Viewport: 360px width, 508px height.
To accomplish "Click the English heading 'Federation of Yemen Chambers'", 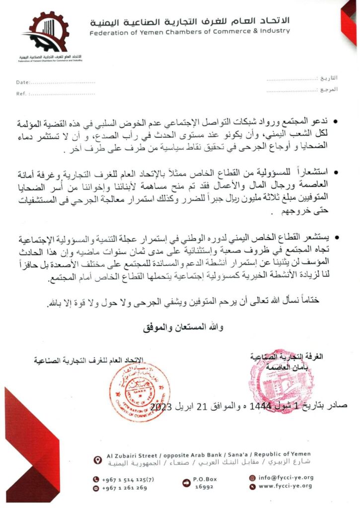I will point(190,31).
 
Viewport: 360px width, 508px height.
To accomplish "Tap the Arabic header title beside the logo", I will point(190,21).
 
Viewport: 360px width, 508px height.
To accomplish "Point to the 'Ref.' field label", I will point(21,93).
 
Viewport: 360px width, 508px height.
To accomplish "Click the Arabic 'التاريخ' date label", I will point(328,78).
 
